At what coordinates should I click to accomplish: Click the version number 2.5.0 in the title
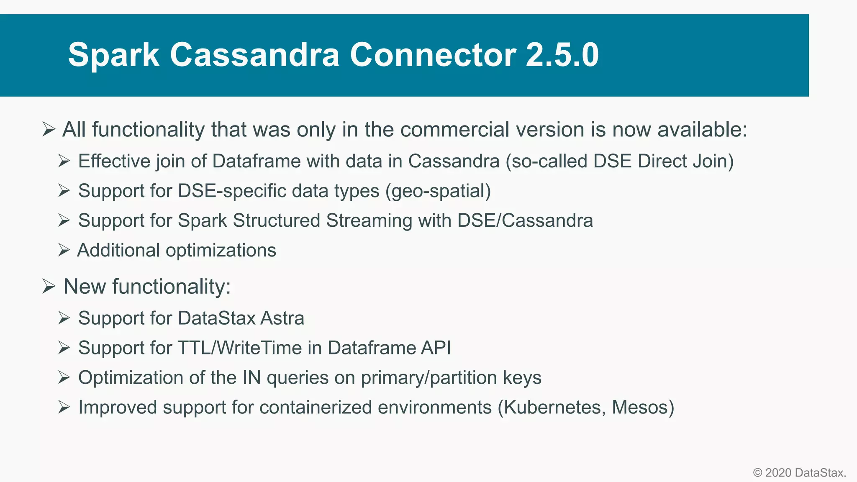click(x=562, y=55)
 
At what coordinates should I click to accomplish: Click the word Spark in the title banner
click(x=113, y=55)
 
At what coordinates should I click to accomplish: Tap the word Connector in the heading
click(x=433, y=55)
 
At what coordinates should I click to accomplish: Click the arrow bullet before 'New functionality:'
click(x=49, y=287)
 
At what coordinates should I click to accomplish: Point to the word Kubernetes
click(x=554, y=408)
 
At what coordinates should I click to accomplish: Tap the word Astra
click(x=282, y=318)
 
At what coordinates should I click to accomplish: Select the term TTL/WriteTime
click(x=240, y=348)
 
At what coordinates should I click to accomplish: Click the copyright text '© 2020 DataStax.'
click(x=799, y=473)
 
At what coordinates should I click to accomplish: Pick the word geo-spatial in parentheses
click(x=438, y=191)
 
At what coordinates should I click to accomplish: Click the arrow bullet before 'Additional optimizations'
click(x=64, y=250)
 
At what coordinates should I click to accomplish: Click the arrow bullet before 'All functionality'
click(x=49, y=129)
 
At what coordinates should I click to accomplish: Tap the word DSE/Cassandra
click(x=525, y=221)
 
